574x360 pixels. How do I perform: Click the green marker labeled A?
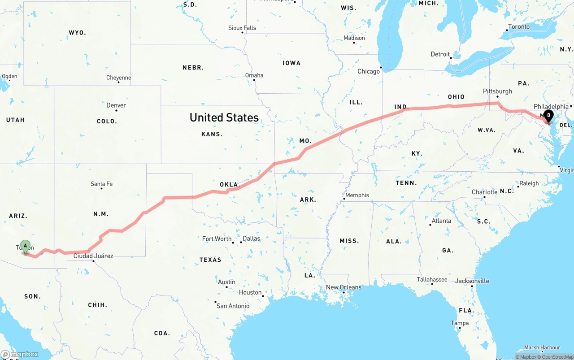click(26, 246)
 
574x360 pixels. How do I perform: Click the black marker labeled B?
click(548, 115)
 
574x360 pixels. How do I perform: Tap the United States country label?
click(224, 117)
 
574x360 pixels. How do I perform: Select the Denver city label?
click(116, 105)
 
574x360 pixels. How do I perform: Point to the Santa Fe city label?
click(101, 184)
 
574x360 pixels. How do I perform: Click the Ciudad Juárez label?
click(93, 256)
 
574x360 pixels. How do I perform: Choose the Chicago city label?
click(369, 71)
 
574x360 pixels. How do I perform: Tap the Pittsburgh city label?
click(497, 91)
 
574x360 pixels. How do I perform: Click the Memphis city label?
click(357, 195)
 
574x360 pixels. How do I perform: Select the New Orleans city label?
click(344, 287)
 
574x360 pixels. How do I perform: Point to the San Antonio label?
click(233, 306)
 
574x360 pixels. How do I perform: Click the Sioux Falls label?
click(242, 28)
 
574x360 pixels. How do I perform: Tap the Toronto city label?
click(519, 26)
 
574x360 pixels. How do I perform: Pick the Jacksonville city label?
click(472, 281)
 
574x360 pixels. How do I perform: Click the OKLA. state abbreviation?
click(230, 184)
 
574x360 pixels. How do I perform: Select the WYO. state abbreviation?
click(77, 33)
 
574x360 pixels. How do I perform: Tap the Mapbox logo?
click(20, 354)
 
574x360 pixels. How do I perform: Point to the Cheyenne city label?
click(118, 78)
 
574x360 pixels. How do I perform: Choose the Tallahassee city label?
click(432, 279)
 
